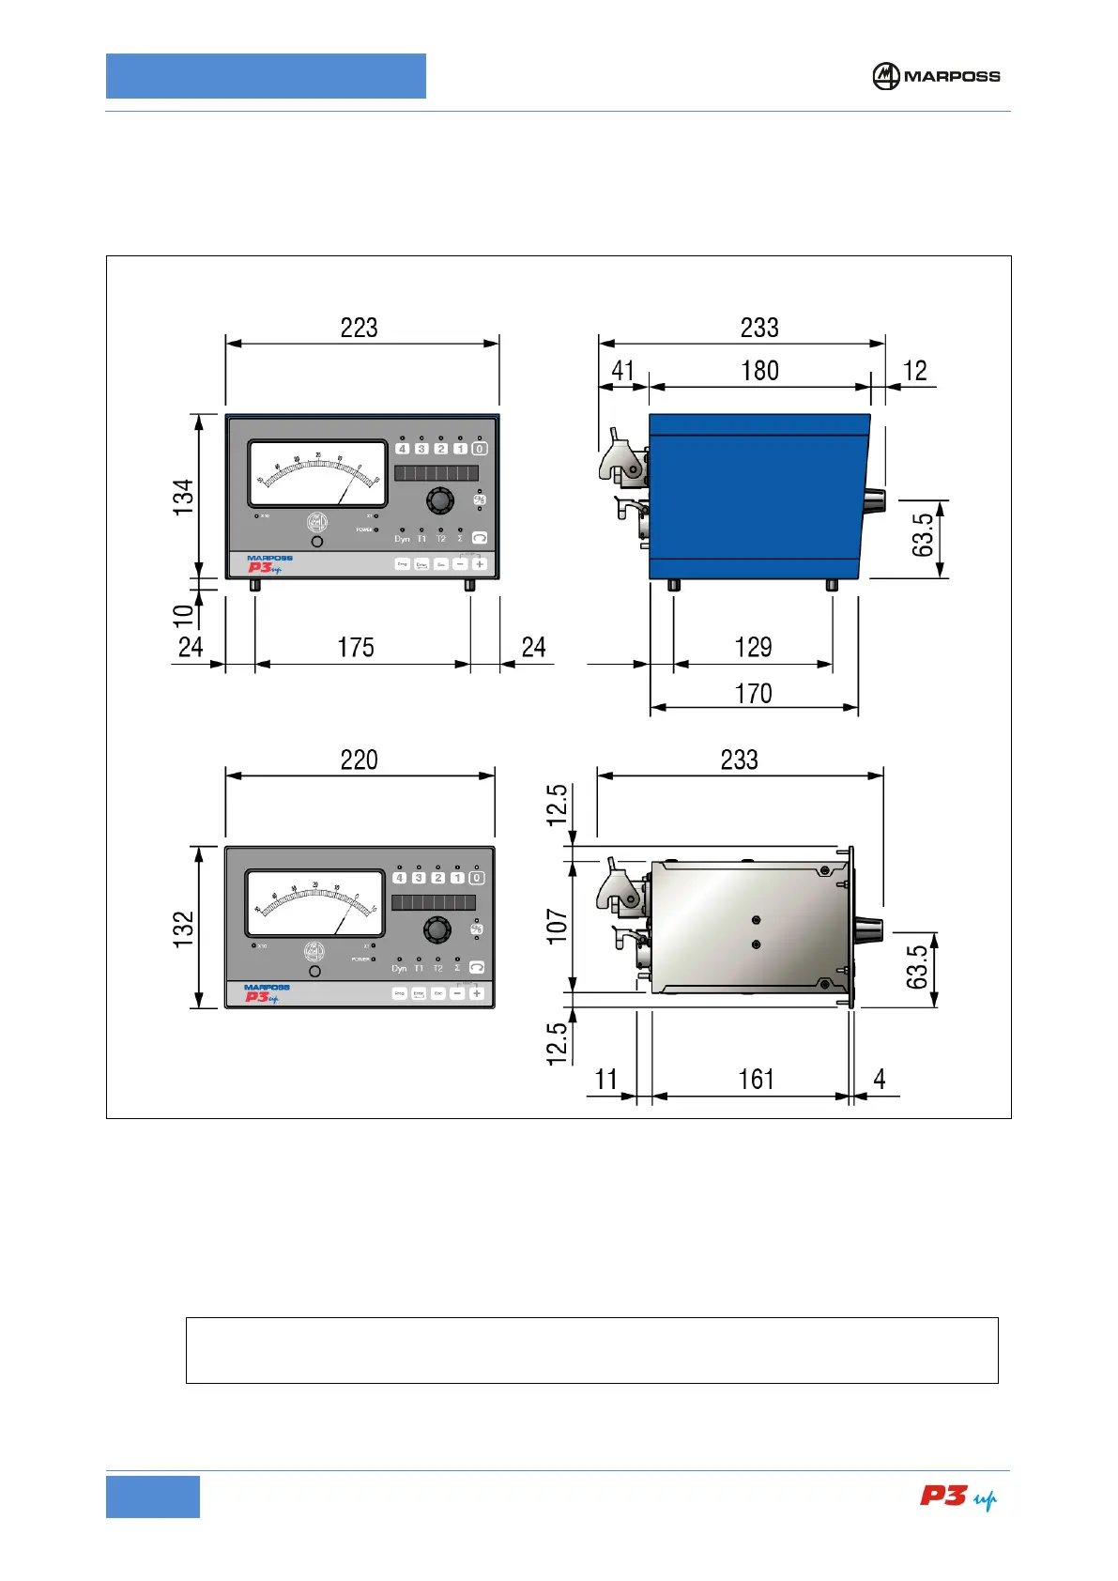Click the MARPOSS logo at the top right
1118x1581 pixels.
tap(936, 76)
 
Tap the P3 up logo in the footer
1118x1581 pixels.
tap(957, 1497)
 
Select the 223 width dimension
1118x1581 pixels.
tap(360, 328)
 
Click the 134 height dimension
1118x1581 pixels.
tap(183, 496)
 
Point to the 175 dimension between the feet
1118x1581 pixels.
tap(356, 647)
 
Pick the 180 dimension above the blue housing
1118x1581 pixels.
tap(759, 371)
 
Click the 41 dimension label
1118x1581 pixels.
tap(622, 371)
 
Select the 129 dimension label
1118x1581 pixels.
tap(753, 647)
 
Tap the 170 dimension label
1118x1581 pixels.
tap(753, 694)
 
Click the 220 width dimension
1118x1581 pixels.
tap(360, 760)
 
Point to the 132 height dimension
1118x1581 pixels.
tap(183, 928)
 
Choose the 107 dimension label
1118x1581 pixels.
tap(558, 926)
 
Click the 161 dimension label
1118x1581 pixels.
tap(756, 1079)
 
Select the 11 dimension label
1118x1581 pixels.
tap(606, 1079)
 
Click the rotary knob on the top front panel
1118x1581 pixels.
tap(439, 500)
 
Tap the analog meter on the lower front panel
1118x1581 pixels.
tap(315, 903)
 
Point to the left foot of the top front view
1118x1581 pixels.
tap(254, 586)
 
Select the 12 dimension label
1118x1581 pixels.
tap(914, 371)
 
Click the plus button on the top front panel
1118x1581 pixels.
tap(480, 563)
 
